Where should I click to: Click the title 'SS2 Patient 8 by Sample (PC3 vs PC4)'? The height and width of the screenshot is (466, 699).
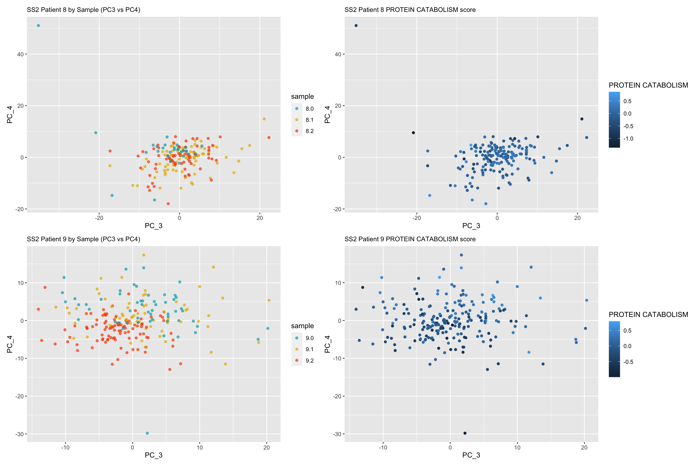pos(83,10)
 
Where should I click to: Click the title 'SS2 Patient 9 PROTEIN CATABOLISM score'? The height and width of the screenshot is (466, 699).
pos(410,239)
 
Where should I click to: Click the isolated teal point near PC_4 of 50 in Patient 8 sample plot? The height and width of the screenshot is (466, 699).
pos(38,25)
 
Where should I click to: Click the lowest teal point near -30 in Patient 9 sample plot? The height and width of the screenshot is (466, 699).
pos(147,433)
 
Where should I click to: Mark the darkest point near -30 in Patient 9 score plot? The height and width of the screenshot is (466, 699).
pos(465,433)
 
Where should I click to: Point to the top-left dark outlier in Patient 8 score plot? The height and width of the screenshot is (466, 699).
pos(356,25)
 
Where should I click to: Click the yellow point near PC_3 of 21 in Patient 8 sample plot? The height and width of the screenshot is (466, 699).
pos(264,119)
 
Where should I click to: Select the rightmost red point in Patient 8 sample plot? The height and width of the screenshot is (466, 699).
pos(269,138)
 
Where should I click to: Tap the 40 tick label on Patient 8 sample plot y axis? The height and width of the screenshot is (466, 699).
pos(20,54)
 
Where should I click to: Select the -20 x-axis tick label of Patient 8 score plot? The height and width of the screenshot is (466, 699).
pos(417,218)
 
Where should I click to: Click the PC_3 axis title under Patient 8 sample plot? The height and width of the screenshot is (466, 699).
pos(153,226)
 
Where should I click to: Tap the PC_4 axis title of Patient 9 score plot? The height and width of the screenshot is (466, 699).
pos(327,344)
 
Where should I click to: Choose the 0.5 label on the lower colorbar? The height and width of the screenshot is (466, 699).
pos(627,331)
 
